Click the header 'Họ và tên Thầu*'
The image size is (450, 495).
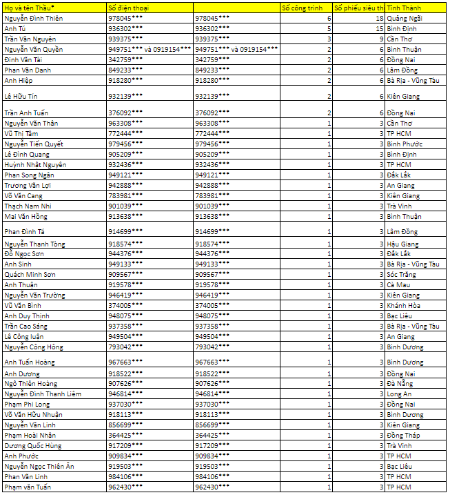pyautogui.click(x=30, y=7)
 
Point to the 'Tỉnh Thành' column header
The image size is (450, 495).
pyautogui.click(x=405, y=7)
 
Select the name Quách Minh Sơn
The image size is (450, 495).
pyautogui.click(x=30, y=274)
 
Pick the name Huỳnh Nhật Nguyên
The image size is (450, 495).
pyautogui.click(x=35, y=164)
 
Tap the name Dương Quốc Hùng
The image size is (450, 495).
pyautogui.click(x=32, y=445)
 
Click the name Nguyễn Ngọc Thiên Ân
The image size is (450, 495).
pyautogui.click(x=39, y=466)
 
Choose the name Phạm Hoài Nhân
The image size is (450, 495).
pyautogui.click(x=30, y=435)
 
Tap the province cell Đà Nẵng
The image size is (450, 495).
pyautogui.click(x=400, y=383)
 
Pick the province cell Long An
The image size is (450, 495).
pyautogui.click(x=399, y=394)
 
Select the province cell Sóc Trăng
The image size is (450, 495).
pyautogui.click(x=403, y=274)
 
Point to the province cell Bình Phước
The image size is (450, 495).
pyautogui.click(x=405, y=144)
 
